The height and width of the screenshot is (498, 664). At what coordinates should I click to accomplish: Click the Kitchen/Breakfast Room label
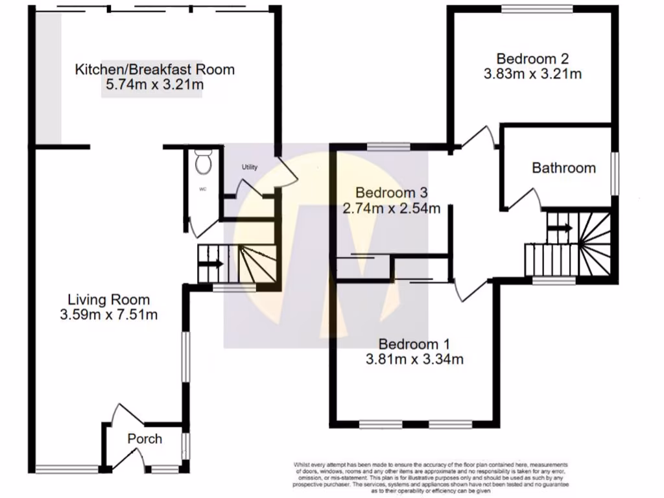pyautogui.click(x=154, y=69)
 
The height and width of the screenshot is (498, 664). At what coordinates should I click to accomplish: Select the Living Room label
pyautogui.click(x=109, y=300)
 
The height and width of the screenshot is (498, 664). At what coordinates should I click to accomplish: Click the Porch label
pyautogui.click(x=144, y=439)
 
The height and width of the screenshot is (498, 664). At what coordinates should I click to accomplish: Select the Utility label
pyautogui.click(x=249, y=167)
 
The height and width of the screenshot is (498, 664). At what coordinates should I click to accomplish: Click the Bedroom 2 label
pyautogui.click(x=532, y=58)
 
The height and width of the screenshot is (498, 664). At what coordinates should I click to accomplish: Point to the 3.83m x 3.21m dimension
pyautogui.click(x=532, y=74)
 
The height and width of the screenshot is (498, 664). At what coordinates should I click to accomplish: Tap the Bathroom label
pyautogui.click(x=563, y=168)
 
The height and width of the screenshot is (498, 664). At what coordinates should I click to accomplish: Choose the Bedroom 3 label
pyautogui.click(x=392, y=193)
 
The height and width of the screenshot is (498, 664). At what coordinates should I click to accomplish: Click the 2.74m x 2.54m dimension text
pyautogui.click(x=392, y=208)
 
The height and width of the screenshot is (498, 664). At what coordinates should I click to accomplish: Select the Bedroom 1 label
pyautogui.click(x=414, y=344)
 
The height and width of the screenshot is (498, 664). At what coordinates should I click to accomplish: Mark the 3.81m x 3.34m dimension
pyautogui.click(x=414, y=359)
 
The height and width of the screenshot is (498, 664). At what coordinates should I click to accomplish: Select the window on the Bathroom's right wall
pyautogui.click(x=614, y=172)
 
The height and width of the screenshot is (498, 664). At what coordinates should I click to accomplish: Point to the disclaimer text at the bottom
pyautogui.click(x=431, y=477)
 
